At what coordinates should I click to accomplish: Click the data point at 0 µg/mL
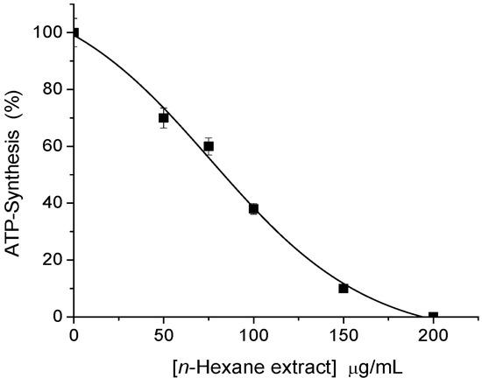[x=74, y=33]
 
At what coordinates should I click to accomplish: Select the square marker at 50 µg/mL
[x=163, y=117]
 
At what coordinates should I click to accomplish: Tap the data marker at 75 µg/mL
[x=209, y=146]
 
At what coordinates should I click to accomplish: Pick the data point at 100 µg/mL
[x=253, y=208]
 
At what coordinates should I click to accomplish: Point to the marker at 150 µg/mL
[x=344, y=288]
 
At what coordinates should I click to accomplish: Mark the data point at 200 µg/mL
[x=433, y=316]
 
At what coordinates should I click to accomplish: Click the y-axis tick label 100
[x=51, y=33]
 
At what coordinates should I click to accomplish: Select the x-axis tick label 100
[x=253, y=333]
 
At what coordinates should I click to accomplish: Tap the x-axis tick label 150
[x=344, y=333]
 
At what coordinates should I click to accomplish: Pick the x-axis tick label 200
[x=433, y=333]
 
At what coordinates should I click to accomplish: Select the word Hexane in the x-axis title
[x=216, y=361]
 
